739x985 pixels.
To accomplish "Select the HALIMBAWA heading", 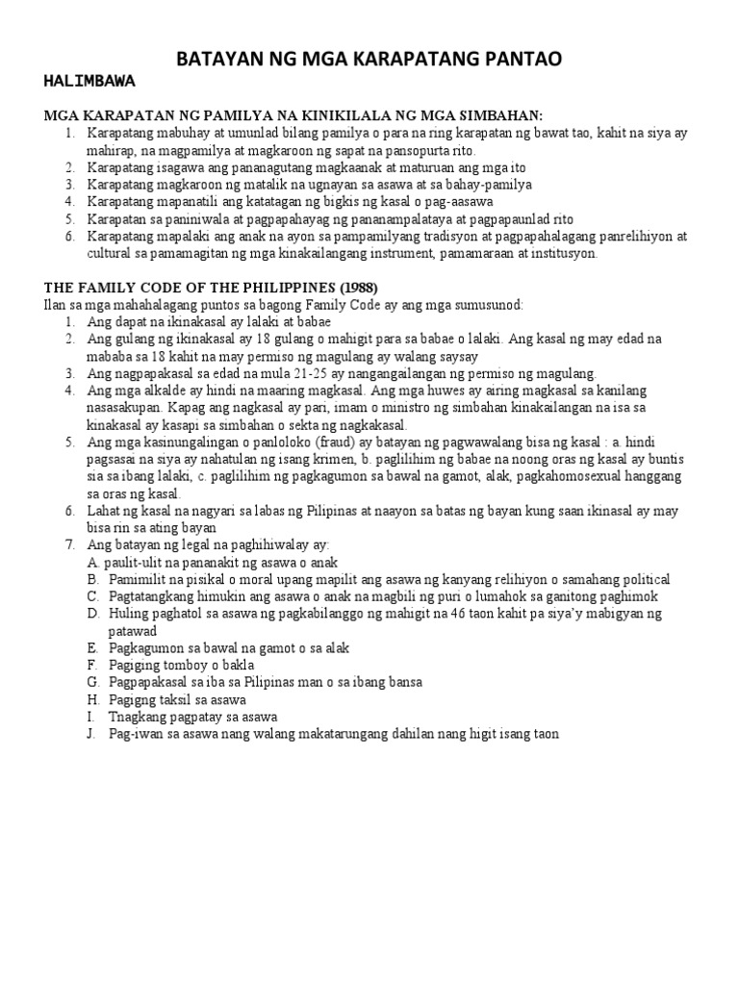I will [x=89, y=80].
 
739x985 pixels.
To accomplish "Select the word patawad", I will [x=115, y=630].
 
